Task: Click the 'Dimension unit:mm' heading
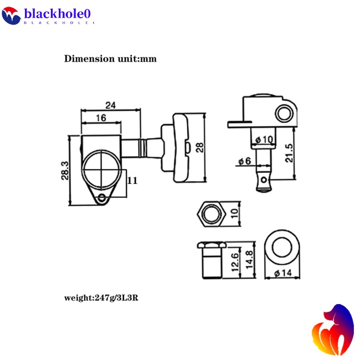[x=111, y=59]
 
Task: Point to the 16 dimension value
[x=100, y=118]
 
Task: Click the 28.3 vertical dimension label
[x=65, y=171]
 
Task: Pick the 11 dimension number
[x=132, y=180]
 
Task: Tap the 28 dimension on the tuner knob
[x=201, y=147]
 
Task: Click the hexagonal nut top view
[x=210, y=212]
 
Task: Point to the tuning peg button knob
[x=177, y=146]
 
